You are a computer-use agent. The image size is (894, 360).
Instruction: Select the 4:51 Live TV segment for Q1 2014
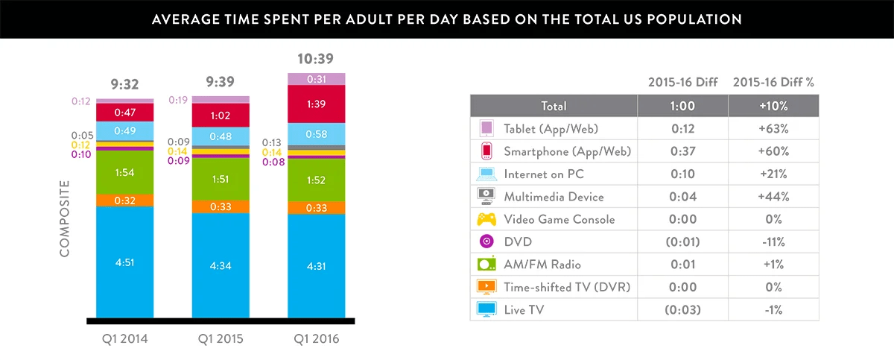pos(124,262)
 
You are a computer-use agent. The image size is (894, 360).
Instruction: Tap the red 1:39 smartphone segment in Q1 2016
pos(317,103)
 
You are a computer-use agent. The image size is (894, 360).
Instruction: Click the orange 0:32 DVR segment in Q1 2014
pos(124,200)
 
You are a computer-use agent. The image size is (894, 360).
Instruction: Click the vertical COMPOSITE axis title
pos(64,218)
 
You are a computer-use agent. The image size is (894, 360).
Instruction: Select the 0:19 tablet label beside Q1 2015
pos(178,100)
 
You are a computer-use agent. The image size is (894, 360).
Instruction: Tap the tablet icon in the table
pos(486,129)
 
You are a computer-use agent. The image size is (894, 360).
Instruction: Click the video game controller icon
pos(486,219)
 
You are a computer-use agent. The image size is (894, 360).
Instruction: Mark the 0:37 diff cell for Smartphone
pos(683,151)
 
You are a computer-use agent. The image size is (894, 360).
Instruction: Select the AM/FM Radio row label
pos(542,265)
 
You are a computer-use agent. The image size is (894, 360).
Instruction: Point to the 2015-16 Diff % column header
pos(773,83)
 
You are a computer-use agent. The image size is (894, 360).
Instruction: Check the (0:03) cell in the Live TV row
pos(683,309)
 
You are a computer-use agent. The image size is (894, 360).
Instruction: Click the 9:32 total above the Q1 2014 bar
pos(124,84)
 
